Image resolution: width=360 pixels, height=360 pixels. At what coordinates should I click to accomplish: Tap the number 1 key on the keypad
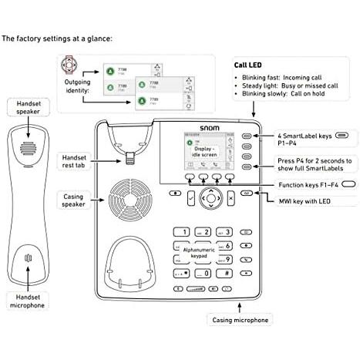point(182,231)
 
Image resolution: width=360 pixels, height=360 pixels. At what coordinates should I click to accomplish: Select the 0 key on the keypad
point(204,273)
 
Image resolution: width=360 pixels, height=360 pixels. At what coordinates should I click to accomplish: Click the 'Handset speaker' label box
point(26,106)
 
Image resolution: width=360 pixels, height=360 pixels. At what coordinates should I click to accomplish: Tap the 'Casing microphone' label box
point(239,319)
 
